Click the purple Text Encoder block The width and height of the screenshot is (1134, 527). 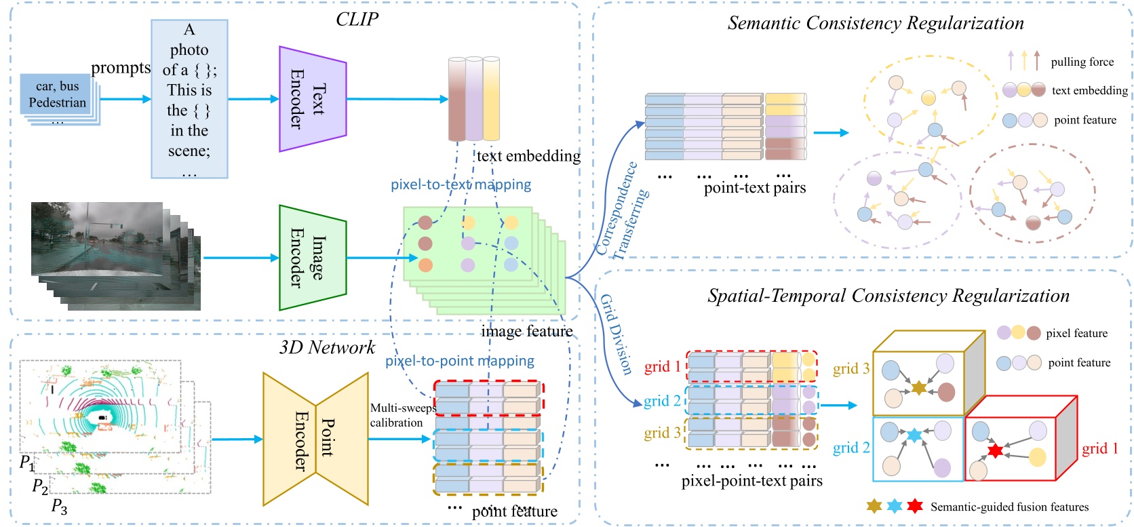(x=313, y=99)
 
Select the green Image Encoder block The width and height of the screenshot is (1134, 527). (x=313, y=258)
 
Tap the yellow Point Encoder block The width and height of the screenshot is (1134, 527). (x=315, y=439)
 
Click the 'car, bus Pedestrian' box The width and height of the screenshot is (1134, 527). (x=58, y=94)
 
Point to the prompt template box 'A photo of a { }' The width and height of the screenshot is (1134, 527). (x=189, y=99)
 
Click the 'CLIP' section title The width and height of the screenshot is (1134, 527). (x=357, y=19)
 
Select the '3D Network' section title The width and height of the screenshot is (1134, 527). (x=327, y=347)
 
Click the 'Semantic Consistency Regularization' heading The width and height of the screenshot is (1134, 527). (x=876, y=23)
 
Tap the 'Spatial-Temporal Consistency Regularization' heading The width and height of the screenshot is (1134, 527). (x=888, y=296)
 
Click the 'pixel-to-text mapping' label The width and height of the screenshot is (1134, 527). (x=461, y=184)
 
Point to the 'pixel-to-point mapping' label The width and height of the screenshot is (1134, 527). (x=460, y=361)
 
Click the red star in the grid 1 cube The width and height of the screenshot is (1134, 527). (x=994, y=451)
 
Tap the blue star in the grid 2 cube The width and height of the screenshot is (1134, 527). (x=914, y=435)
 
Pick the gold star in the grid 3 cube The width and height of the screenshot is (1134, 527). (x=918, y=388)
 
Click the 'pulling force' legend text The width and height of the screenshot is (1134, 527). (x=1082, y=62)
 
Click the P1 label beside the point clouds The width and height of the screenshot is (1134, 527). (x=26, y=463)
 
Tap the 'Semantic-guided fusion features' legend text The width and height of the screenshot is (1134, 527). (x=1009, y=507)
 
